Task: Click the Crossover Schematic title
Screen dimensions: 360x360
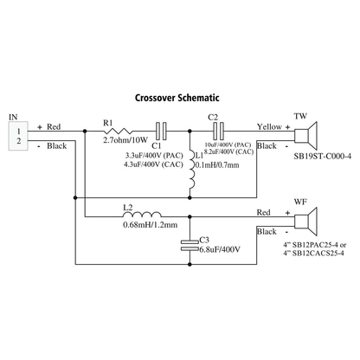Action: [x=177, y=98]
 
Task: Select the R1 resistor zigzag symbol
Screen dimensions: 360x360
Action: [x=118, y=132]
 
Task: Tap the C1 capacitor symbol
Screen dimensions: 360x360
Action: [x=161, y=132]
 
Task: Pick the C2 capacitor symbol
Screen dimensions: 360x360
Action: [x=218, y=132]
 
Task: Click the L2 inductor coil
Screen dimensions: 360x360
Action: [x=142, y=215]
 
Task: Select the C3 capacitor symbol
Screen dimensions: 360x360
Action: [x=190, y=245]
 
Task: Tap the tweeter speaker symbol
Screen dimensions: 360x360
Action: [x=305, y=136]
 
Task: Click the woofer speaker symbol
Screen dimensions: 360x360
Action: [x=305, y=222]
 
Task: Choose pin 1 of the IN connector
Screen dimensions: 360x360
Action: [x=19, y=132]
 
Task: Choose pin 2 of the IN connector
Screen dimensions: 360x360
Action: [x=19, y=141]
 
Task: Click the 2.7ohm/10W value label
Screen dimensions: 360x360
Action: [x=125, y=140]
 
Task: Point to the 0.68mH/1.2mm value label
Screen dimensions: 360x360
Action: [x=151, y=225]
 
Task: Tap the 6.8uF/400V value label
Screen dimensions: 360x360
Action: [x=220, y=249]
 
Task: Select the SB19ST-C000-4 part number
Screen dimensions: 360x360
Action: [x=323, y=157]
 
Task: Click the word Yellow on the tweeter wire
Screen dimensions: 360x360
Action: [x=269, y=126]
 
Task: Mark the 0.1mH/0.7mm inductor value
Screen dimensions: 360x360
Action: [x=217, y=165]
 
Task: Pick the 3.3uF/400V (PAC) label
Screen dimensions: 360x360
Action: [x=154, y=156]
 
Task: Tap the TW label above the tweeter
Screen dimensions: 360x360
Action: [x=300, y=116]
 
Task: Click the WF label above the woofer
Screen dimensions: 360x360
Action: [x=300, y=202]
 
